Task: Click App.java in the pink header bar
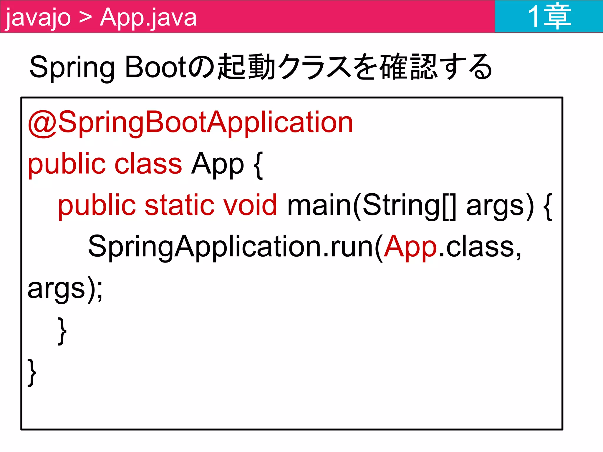[x=148, y=18]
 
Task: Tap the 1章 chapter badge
[x=549, y=16]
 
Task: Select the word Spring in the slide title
[x=72, y=68]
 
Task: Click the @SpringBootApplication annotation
[x=190, y=122]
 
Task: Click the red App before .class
[x=410, y=247]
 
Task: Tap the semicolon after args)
[x=100, y=290]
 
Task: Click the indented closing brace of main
[x=62, y=331]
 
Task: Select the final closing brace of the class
[x=32, y=372]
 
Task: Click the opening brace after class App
[x=258, y=165]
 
